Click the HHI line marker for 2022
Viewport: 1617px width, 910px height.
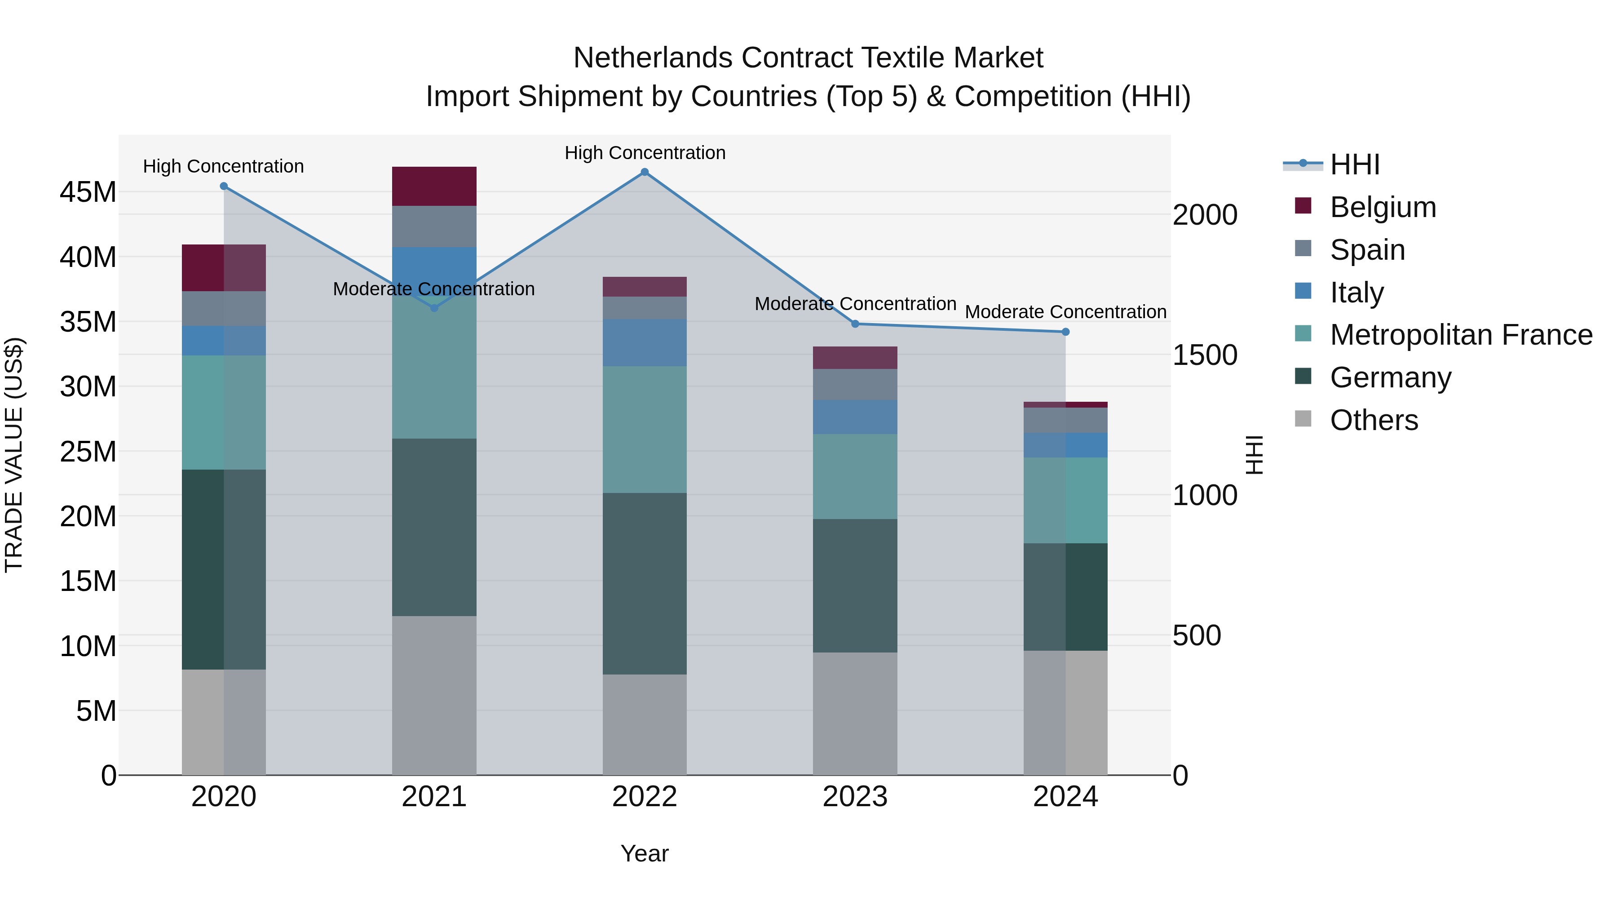click(x=644, y=172)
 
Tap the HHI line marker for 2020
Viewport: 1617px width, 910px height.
click(x=224, y=186)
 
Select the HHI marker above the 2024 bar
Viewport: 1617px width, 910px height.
click(x=1065, y=332)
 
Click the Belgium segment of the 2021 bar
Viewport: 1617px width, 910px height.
click(x=434, y=186)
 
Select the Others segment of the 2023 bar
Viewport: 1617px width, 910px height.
click(x=854, y=714)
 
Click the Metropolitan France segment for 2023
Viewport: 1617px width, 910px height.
click(x=854, y=477)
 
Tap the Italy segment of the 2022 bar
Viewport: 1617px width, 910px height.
click(x=644, y=343)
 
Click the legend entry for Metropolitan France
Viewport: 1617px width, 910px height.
click(x=1461, y=335)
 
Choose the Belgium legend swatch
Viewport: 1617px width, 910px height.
click(x=1303, y=206)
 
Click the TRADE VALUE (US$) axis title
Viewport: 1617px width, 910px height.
click(x=14, y=455)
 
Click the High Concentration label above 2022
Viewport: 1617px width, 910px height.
click(x=645, y=153)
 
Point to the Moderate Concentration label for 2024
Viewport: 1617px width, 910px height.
click(x=1065, y=312)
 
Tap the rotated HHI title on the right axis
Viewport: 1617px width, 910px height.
click(x=1254, y=455)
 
